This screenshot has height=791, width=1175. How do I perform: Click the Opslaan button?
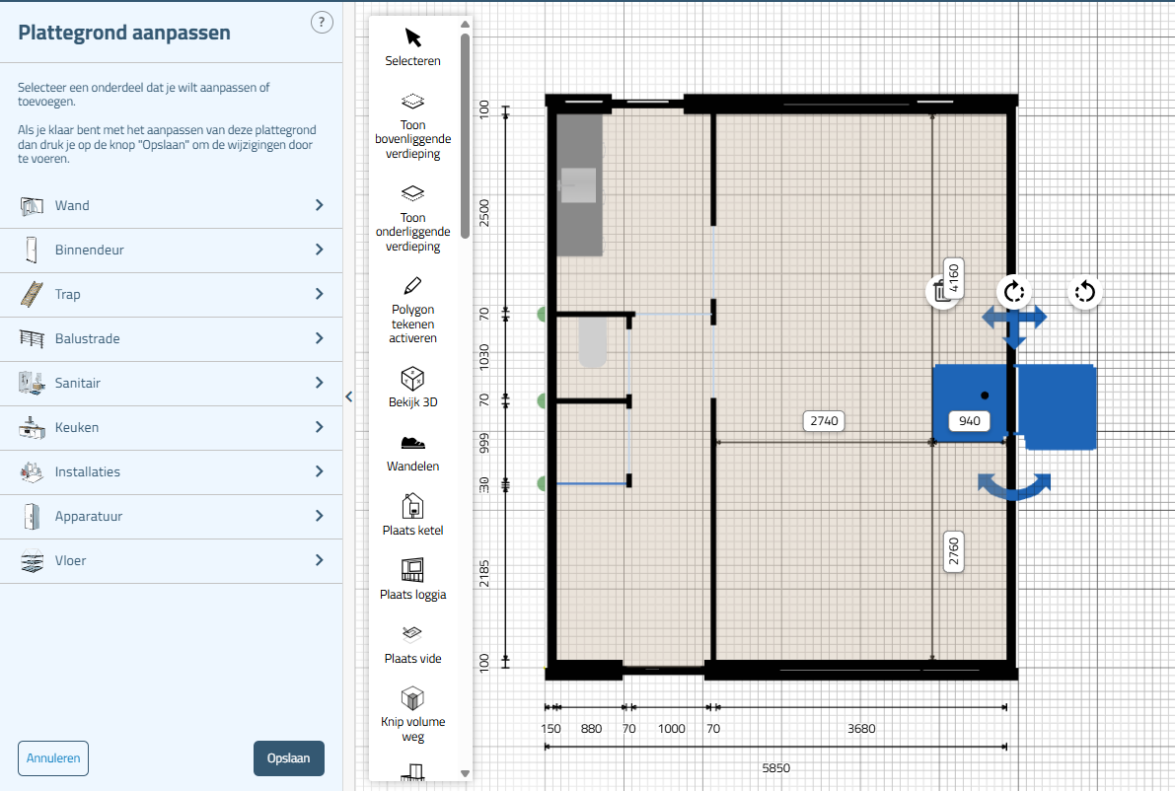288,758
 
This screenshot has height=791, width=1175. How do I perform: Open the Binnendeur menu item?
171,251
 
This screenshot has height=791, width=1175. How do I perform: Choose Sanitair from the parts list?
171,383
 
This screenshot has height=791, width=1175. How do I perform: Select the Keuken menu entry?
171,428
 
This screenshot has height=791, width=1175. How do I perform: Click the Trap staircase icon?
32,294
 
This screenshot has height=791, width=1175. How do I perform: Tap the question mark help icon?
322,23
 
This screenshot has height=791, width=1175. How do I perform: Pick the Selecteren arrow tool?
413,37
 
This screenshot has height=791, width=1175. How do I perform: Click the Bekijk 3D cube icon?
413,379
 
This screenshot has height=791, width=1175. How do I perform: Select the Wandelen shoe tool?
413,443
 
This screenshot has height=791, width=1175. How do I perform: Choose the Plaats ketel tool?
413,506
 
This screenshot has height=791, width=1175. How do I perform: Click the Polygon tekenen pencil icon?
413,285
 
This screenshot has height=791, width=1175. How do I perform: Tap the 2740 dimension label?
824,421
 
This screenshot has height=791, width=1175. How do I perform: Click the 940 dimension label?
970,421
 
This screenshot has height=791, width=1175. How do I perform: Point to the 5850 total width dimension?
775,767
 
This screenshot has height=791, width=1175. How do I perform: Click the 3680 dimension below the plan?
861,728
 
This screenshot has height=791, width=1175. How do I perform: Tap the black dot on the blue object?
985,395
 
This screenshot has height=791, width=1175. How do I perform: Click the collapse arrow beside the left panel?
349,397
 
